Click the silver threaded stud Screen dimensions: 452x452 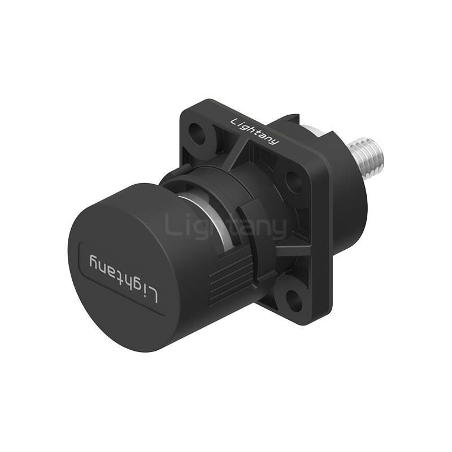point(366,158)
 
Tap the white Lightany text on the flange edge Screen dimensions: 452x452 point(255,131)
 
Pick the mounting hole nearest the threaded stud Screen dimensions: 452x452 point(293,180)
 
